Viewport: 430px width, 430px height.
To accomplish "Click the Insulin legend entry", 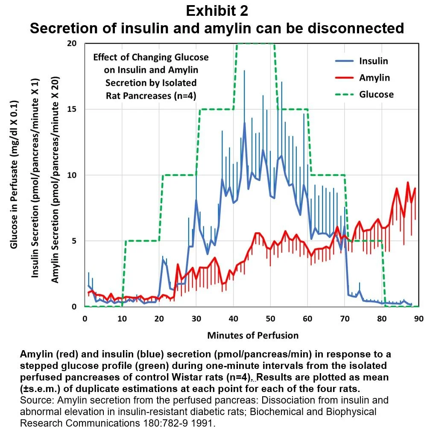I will click(x=373, y=61).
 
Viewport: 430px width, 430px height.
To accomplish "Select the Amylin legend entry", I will click(x=374, y=77).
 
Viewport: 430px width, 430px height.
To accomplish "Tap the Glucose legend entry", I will click(x=376, y=94).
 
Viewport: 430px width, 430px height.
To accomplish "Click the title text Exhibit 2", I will click(x=216, y=11).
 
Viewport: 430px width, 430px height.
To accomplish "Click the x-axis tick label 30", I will click(x=196, y=318).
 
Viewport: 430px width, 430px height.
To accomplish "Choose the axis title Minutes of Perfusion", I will click(x=253, y=335).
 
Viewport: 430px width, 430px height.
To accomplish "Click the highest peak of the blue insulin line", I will click(x=245, y=123).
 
